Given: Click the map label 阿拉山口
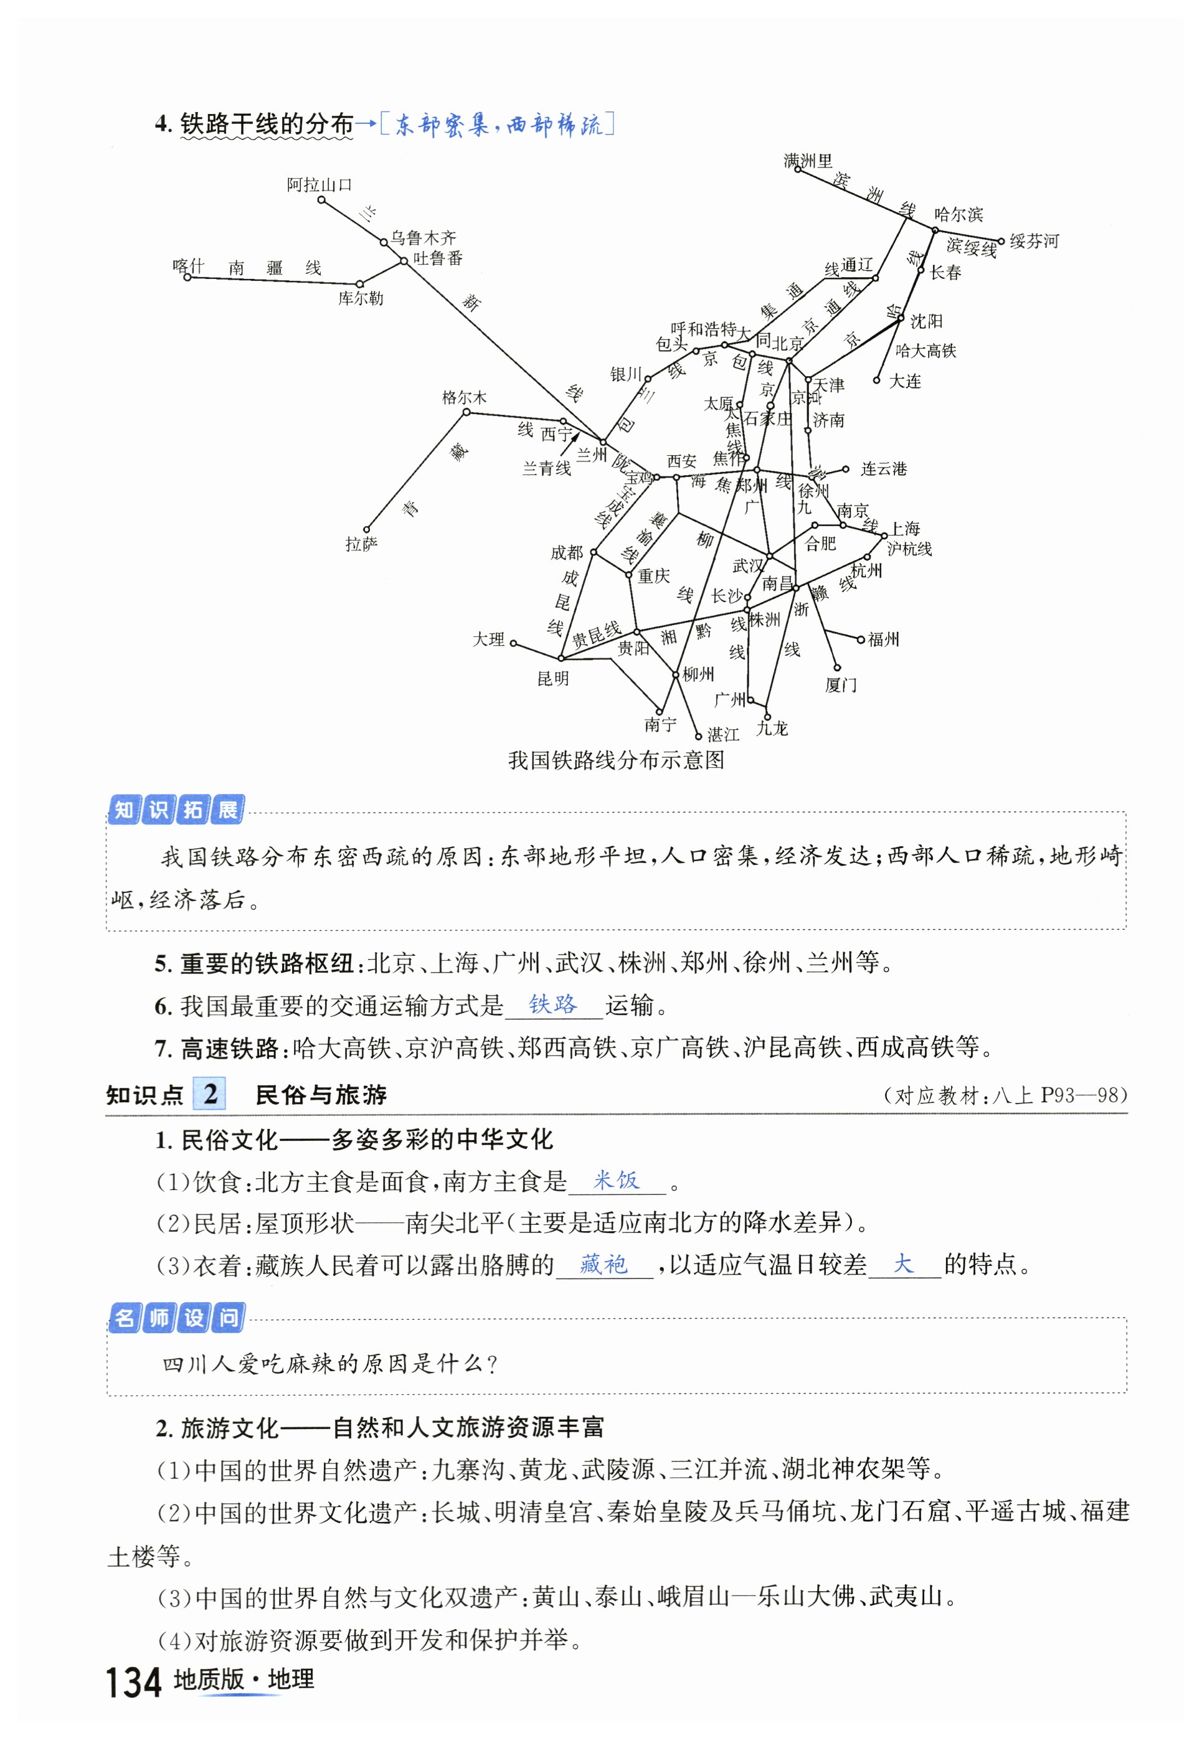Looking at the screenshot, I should click(319, 184).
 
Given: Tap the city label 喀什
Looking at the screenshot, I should click(188, 266).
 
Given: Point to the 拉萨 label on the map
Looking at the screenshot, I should click(361, 544).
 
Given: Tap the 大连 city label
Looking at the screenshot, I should click(906, 381).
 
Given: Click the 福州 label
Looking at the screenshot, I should click(883, 640).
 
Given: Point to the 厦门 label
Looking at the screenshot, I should click(841, 684).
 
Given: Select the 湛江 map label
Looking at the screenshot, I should click(723, 734).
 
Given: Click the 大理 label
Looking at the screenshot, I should click(488, 640).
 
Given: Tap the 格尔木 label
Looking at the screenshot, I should click(464, 397).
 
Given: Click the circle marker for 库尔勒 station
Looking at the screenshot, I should click(359, 284).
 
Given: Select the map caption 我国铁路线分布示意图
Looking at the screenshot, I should click(615, 760).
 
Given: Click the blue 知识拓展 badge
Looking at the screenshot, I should click(176, 810).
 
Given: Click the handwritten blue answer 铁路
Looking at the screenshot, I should click(553, 1004).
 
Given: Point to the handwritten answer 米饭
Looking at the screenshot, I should click(616, 1180).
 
